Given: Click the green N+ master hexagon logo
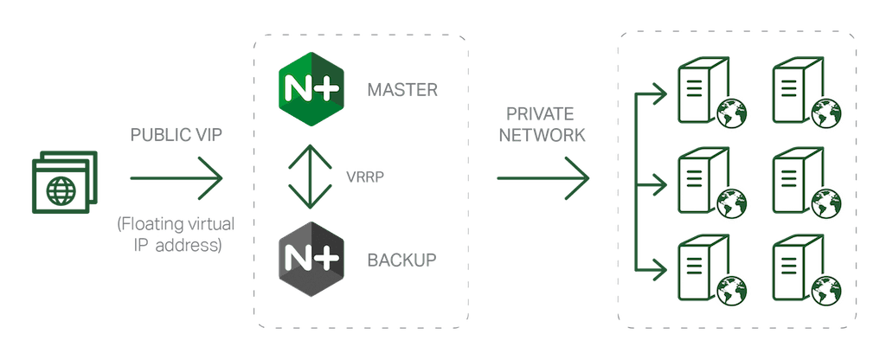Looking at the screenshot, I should (310, 88).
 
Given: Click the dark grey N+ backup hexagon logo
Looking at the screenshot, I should (310, 258).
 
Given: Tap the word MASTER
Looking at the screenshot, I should (401, 89).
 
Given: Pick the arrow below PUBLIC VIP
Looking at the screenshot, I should (177, 178).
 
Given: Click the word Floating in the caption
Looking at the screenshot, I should (148, 225).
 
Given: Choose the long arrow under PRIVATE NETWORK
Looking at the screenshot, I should (543, 178).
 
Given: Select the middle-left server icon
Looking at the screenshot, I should (699, 178).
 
